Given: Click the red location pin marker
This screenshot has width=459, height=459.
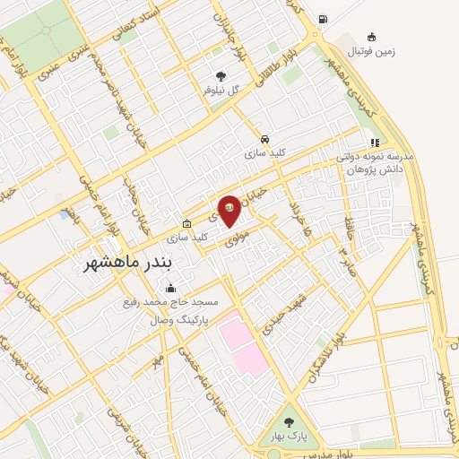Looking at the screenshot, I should (x=229, y=209).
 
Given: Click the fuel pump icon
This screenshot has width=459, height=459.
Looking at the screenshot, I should (x=323, y=19).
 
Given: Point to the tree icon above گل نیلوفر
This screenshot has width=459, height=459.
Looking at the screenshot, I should (x=221, y=76).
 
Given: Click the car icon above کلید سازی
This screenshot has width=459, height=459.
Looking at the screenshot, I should (x=264, y=139).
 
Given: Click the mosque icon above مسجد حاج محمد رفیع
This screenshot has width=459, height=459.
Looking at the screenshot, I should (x=171, y=289).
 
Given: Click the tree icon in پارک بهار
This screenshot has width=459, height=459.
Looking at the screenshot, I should (x=289, y=421).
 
